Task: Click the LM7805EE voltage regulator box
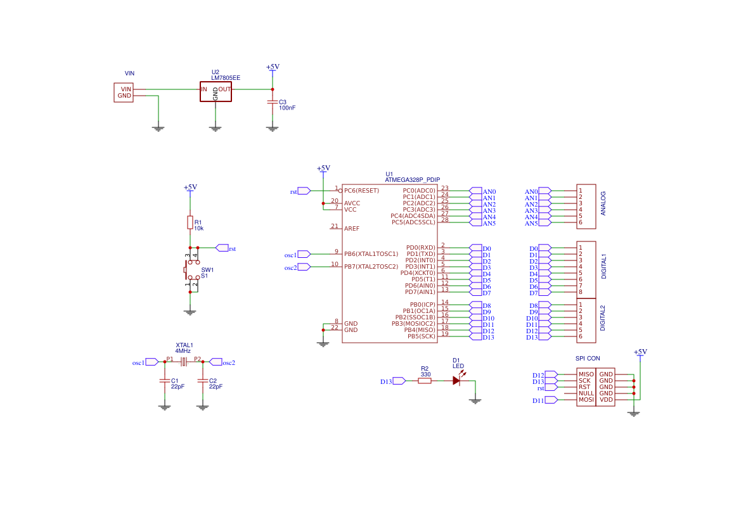pos(216,91)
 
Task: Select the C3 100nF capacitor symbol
pos(273,102)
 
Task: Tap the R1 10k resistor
pos(190,222)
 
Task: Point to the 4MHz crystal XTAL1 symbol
pos(184,362)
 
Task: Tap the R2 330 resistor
pos(425,381)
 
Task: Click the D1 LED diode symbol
pos(456,381)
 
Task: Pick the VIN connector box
pos(124,93)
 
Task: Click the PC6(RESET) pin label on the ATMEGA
pos(361,191)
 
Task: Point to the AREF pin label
pos(352,229)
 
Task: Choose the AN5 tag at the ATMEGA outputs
pos(489,223)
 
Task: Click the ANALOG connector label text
pos(603,203)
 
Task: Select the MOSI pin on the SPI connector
pos(586,400)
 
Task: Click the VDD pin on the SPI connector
pos(606,400)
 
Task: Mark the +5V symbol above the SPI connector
pos(640,352)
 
